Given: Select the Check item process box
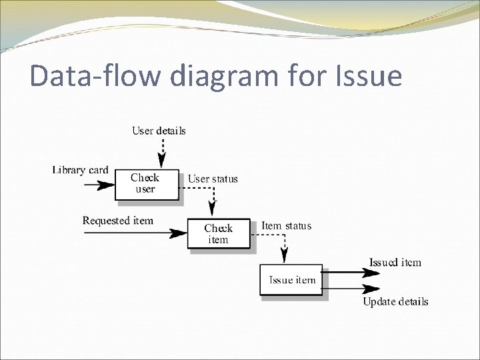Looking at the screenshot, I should pos(219,234).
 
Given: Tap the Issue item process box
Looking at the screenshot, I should pos(291,280).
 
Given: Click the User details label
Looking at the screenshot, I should pos(159,131).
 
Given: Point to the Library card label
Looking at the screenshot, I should pos(80,170).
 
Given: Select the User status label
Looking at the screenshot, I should pos(213,179).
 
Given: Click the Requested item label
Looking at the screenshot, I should pos(117,221).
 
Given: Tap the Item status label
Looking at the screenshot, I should pos(286,226).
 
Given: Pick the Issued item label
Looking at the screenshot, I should pos(395,263).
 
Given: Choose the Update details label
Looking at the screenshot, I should pos(395,302).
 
